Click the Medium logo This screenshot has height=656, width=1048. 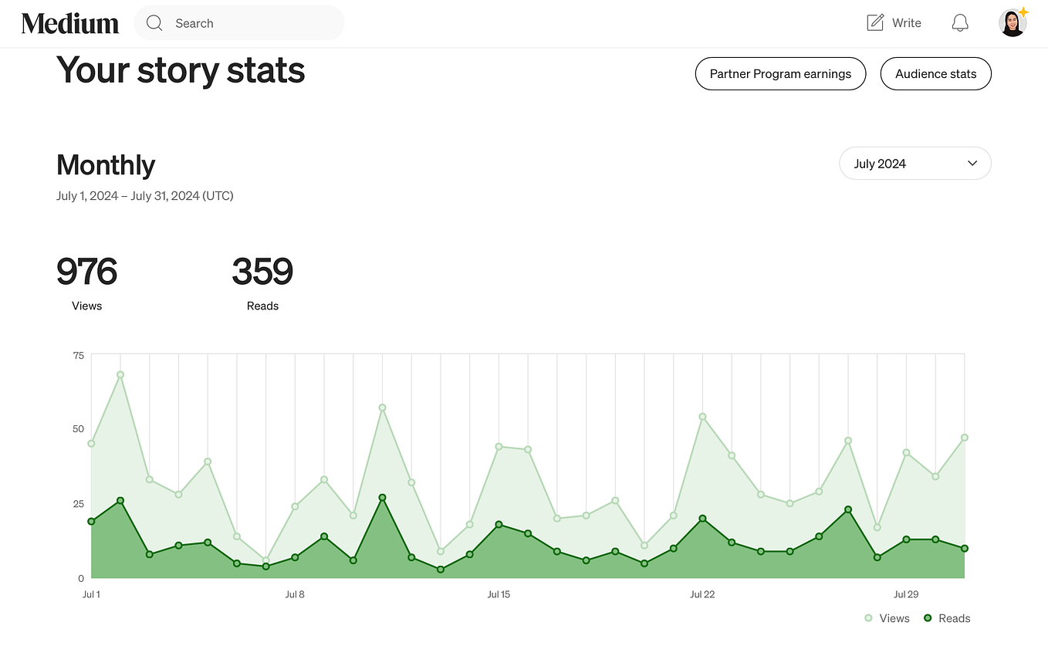70,23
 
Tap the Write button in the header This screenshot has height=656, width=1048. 894,23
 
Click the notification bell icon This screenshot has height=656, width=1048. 959,23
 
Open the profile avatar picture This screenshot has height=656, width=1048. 1013,23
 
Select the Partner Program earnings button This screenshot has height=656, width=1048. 780,74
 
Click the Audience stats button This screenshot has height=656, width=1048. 935,74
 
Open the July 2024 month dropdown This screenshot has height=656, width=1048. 914,164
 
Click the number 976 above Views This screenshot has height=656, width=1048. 86,272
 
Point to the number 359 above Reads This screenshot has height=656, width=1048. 262,272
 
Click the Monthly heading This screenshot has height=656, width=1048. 106,165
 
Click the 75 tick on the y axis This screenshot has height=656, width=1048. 78,355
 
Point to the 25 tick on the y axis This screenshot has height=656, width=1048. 78,504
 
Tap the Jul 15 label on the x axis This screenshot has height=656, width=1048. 499,594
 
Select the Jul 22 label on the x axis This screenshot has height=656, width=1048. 702,594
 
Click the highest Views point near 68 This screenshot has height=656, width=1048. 120,375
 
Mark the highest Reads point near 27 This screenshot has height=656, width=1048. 382,498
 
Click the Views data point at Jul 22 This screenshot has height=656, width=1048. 702,417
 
